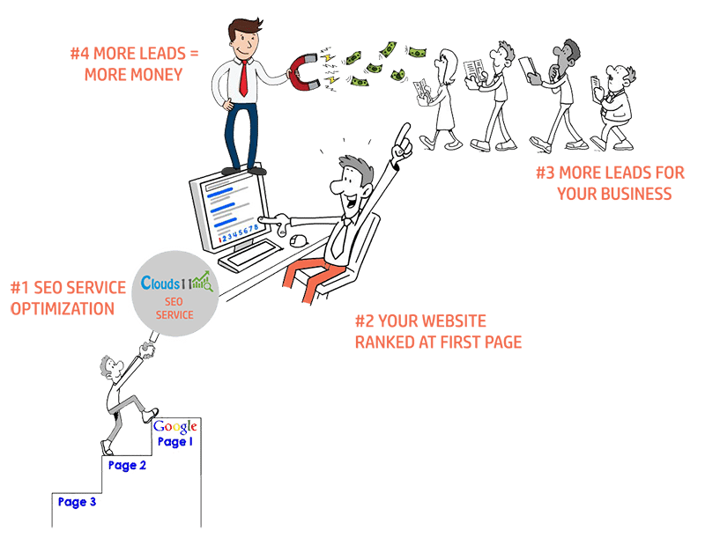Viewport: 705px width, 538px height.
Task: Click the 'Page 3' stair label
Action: (x=77, y=502)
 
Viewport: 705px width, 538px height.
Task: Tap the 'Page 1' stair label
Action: (x=173, y=443)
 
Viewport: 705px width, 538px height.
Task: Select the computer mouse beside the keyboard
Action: (x=298, y=240)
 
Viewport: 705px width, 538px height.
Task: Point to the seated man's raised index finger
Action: (x=404, y=133)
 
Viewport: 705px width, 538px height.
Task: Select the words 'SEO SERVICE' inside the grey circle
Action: (x=174, y=308)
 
